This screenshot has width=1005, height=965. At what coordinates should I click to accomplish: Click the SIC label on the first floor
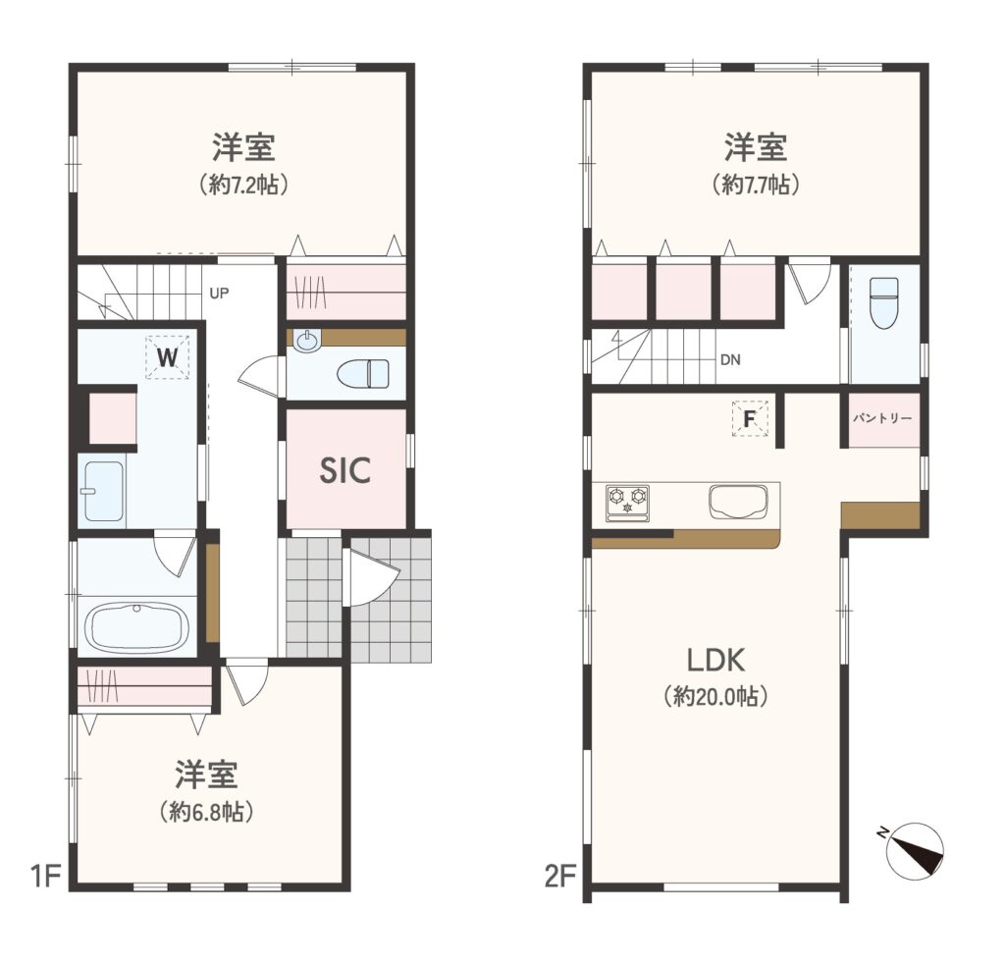tap(344, 470)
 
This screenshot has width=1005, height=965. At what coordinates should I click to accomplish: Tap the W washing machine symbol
tap(167, 357)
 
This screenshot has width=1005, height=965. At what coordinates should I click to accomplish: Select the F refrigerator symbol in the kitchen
tap(749, 419)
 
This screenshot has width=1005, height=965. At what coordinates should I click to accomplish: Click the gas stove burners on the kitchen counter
tap(627, 500)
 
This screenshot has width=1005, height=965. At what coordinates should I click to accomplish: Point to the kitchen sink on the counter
tap(738, 501)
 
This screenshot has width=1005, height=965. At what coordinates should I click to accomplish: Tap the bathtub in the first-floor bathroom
tap(137, 626)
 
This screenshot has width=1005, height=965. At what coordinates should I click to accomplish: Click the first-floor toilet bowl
tap(363, 373)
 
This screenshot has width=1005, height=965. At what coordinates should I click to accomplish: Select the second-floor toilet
tap(883, 302)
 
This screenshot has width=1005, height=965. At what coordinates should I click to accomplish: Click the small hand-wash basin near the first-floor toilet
tap(308, 341)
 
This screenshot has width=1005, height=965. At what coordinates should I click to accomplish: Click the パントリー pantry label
tap(882, 418)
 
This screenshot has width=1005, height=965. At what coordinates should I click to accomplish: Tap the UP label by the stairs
tap(219, 294)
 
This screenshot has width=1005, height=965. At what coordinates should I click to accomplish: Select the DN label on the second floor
tap(730, 359)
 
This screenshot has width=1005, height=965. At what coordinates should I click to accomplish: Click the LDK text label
tap(715, 660)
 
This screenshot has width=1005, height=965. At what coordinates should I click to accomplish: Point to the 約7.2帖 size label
tap(243, 185)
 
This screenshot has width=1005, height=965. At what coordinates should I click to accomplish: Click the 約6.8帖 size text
tap(206, 812)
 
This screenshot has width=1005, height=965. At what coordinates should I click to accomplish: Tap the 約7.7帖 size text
tap(756, 185)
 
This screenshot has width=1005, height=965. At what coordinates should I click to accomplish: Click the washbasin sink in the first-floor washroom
tap(103, 491)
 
